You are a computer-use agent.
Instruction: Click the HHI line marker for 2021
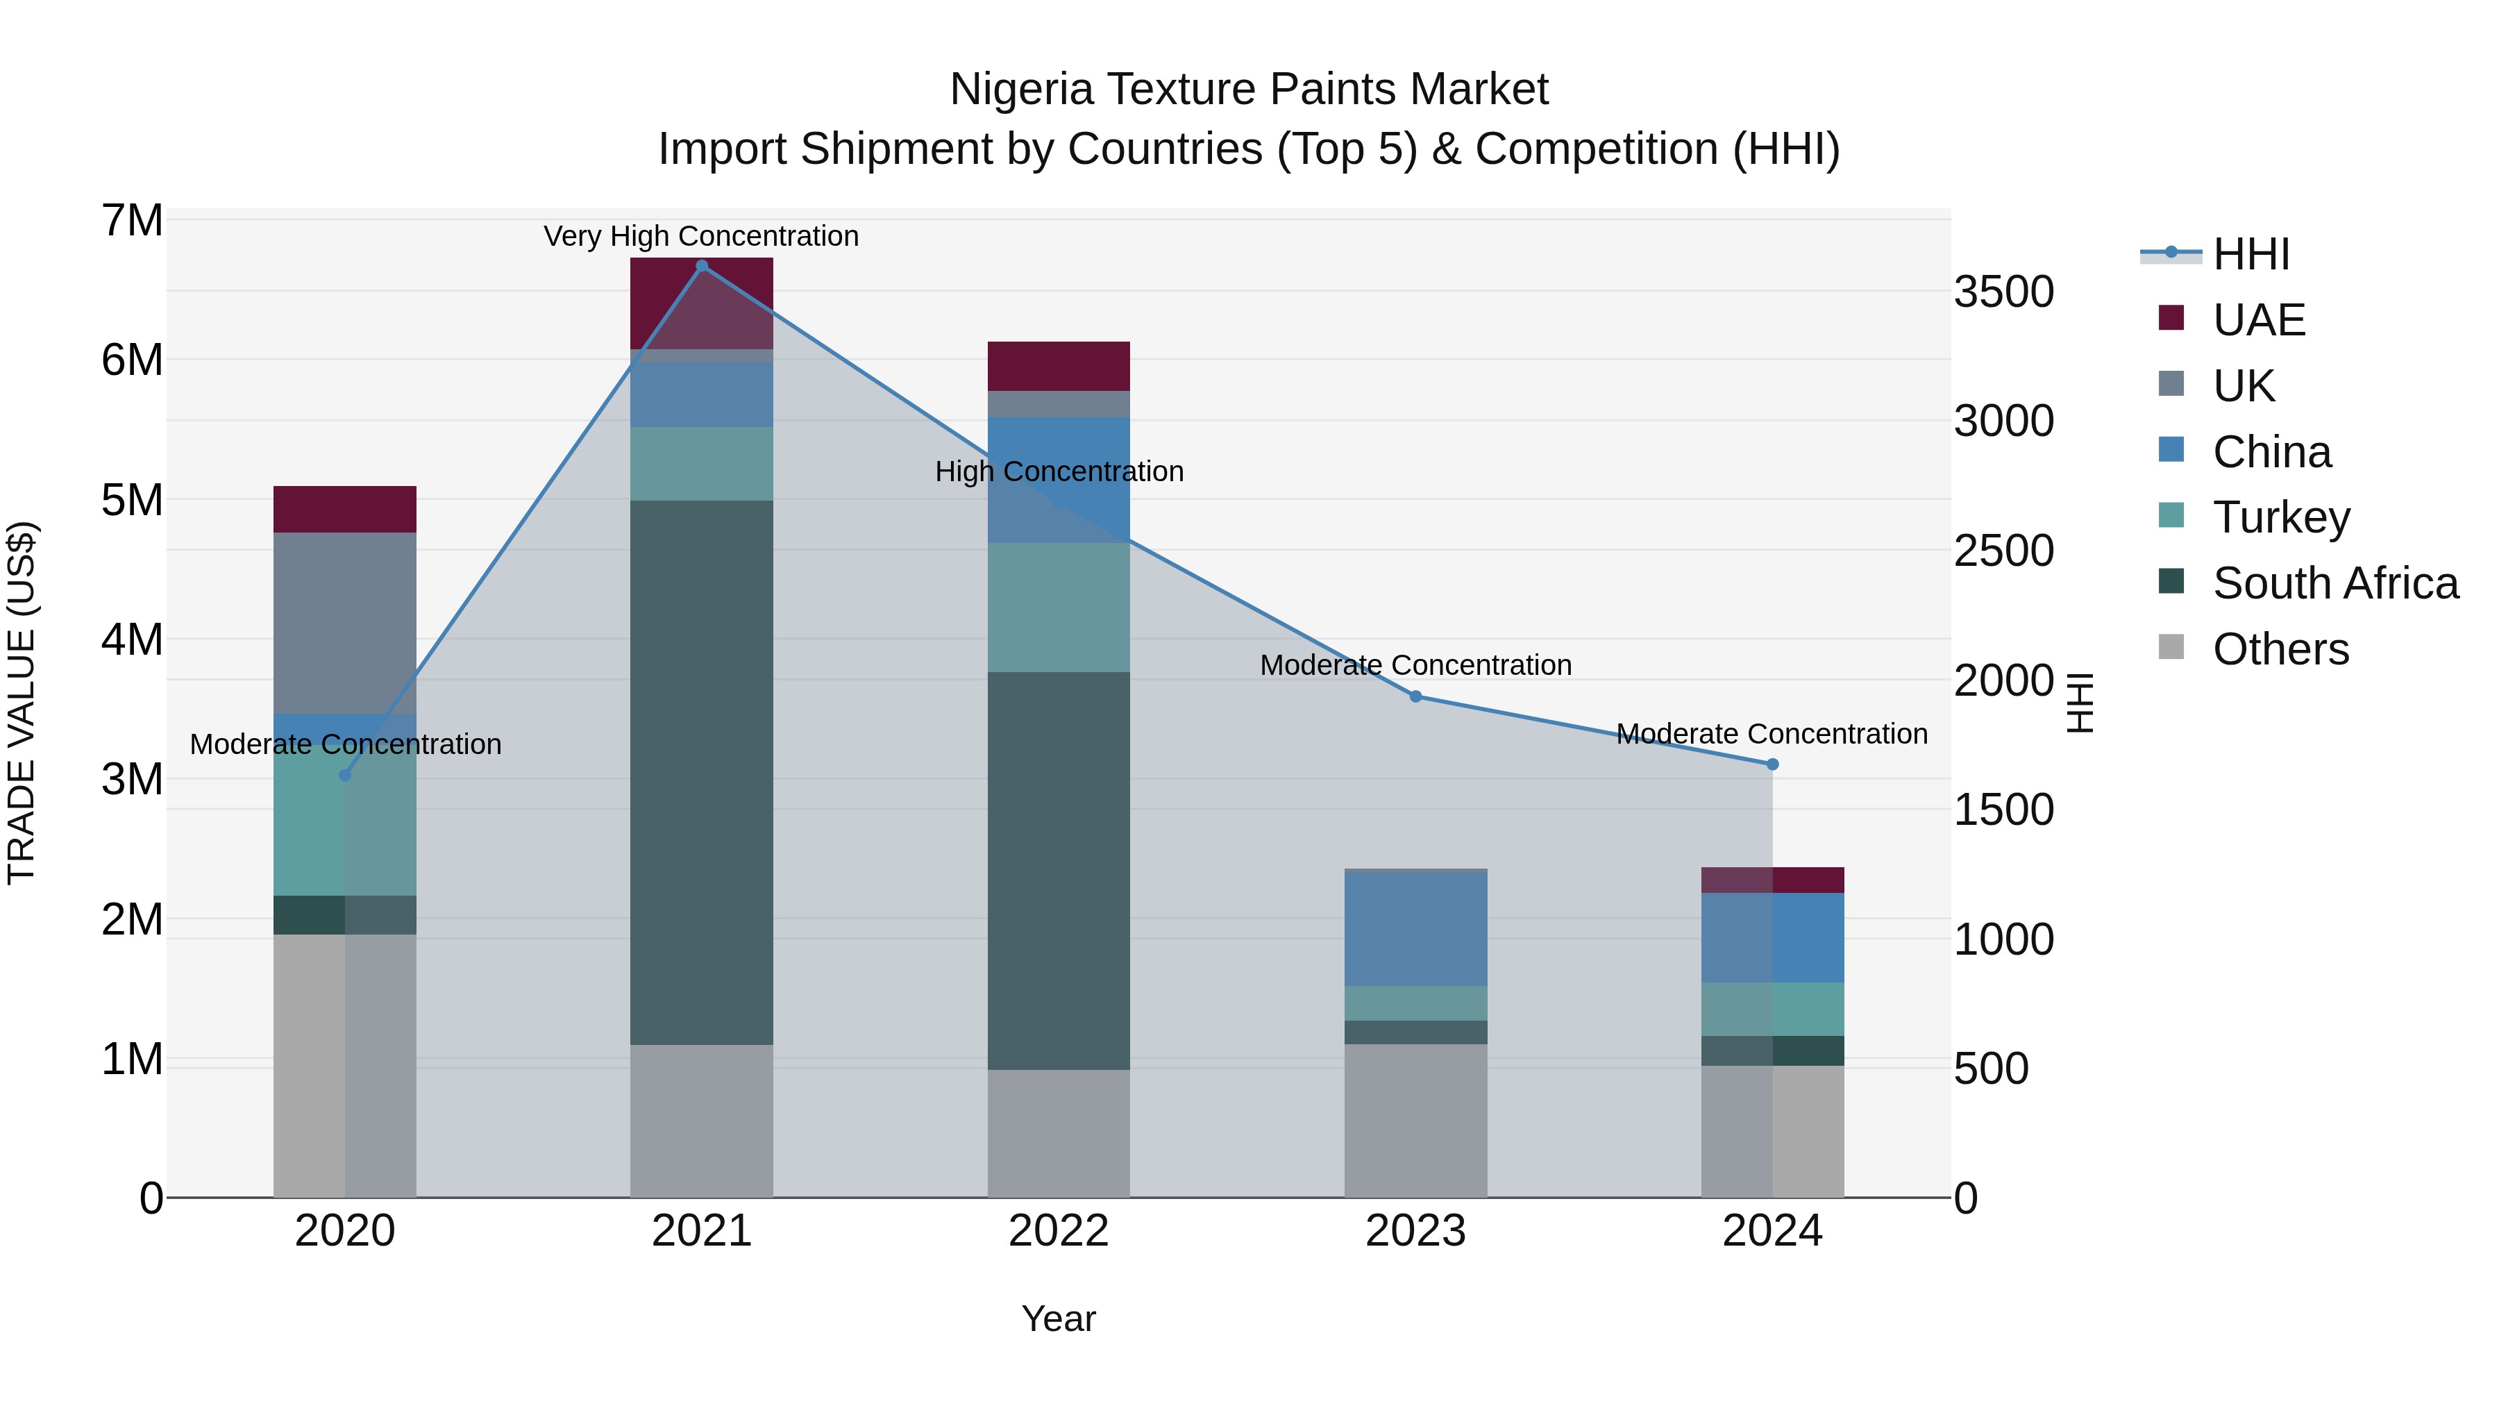[x=701, y=266]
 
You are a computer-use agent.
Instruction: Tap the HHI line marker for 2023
[x=1415, y=696]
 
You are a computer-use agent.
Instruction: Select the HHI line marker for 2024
[x=1772, y=764]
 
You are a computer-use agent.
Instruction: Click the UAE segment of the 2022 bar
[x=1059, y=366]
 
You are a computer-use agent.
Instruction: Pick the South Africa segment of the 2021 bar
[x=701, y=772]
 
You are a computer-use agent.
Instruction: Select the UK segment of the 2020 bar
[x=344, y=623]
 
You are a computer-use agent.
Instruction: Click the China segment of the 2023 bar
[x=1415, y=928]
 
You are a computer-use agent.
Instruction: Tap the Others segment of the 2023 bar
[x=1415, y=1121]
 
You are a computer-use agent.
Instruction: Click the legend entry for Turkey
[x=2281, y=517]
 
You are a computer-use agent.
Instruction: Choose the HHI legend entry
[x=2250, y=254]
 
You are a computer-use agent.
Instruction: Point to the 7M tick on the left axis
[x=132, y=221]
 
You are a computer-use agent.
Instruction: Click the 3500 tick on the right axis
[x=2003, y=292]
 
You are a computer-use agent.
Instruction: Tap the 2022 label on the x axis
[x=1059, y=1231]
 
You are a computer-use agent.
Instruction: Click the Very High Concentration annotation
[x=700, y=236]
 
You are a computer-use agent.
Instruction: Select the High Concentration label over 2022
[x=1059, y=471]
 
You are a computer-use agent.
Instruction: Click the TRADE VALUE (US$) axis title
[x=22, y=703]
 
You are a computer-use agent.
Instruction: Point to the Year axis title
[x=1059, y=1319]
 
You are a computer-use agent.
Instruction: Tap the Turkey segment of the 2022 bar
[x=1059, y=608]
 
